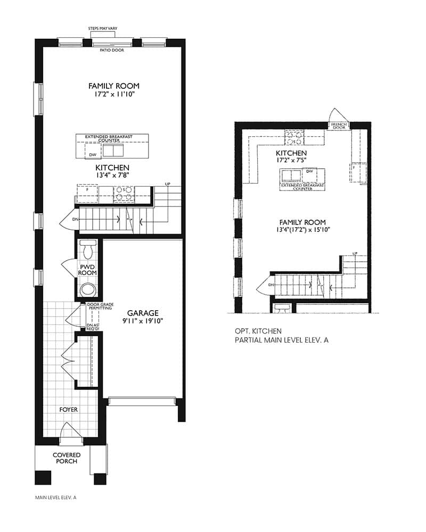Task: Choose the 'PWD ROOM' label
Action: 88,269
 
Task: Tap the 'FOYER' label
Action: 68,410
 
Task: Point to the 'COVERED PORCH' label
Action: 67,458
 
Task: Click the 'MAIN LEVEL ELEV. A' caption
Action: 56,497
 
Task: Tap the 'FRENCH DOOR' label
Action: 339,126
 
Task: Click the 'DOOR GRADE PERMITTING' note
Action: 100,307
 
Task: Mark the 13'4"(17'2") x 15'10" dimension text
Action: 304,230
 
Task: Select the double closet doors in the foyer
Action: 68,359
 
